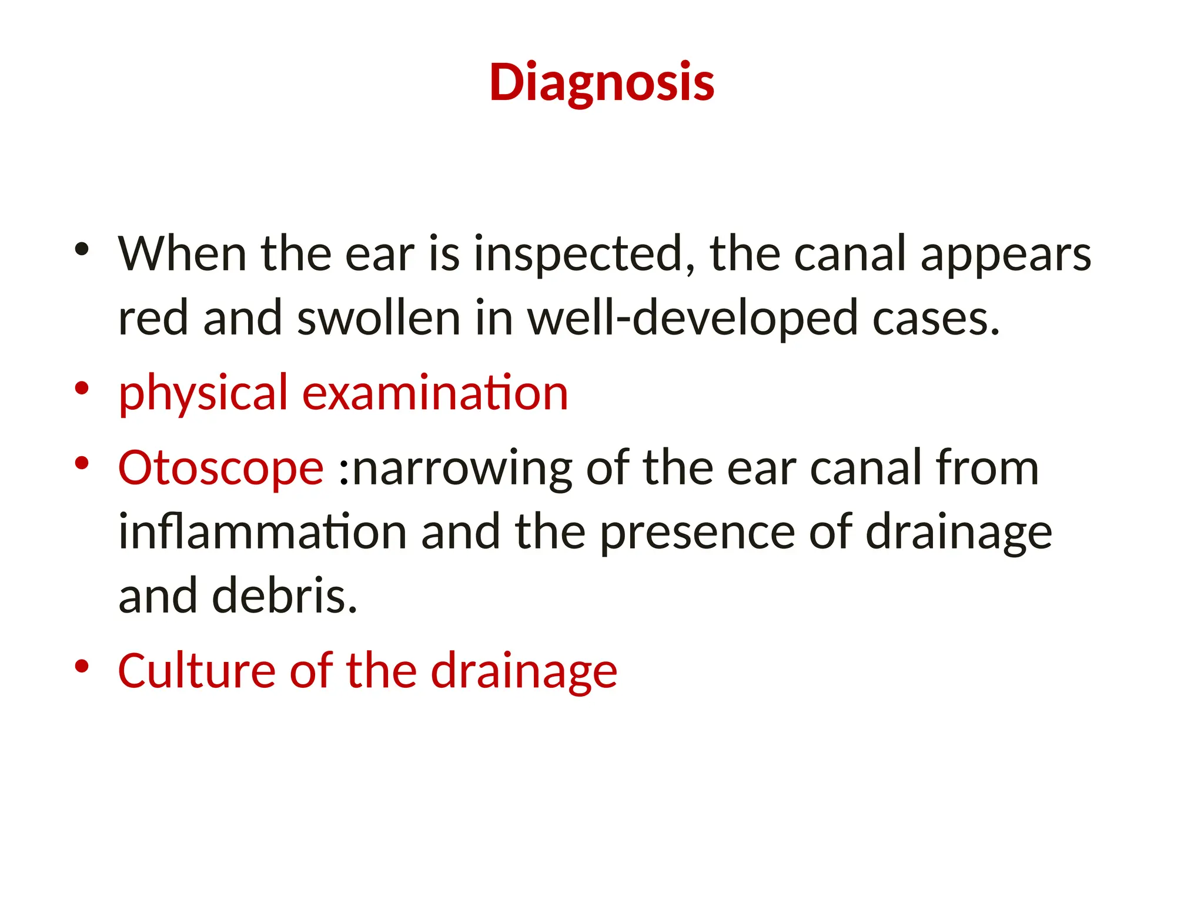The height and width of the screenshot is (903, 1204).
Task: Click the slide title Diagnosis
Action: point(601,83)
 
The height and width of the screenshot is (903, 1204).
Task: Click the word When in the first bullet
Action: point(182,254)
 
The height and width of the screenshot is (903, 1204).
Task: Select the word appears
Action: point(1006,255)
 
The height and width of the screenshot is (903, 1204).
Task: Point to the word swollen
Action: point(379,318)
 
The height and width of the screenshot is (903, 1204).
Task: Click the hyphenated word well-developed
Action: point(693,318)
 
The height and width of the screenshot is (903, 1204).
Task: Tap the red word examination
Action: point(435,393)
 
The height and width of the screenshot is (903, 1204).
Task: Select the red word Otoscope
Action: point(220,468)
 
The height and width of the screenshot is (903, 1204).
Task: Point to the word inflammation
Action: point(263,532)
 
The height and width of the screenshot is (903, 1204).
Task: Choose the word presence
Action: point(697,532)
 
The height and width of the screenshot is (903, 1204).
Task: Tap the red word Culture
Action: point(196,671)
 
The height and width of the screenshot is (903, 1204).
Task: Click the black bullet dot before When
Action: point(82,249)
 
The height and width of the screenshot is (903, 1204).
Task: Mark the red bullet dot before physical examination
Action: point(82,388)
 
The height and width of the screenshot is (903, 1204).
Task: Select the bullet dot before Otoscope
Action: point(82,463)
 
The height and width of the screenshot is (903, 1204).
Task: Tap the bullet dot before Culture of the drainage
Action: point(82,666)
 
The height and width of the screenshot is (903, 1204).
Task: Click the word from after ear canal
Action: point(987,468)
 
